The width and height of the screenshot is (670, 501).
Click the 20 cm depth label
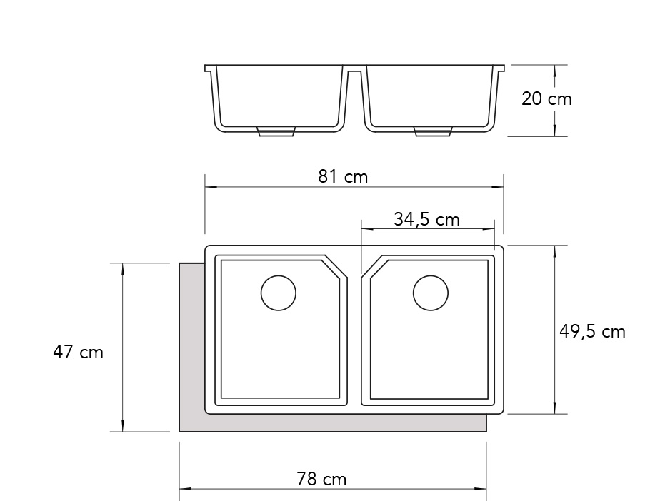coord(546,99)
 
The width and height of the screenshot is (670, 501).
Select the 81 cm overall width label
coord(343,176)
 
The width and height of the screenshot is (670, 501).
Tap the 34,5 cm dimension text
coord(426,219)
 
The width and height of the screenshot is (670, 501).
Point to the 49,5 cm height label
coord(591,332)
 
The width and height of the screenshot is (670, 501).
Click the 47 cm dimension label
coord(78,353)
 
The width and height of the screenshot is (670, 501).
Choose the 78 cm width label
coord(321,479)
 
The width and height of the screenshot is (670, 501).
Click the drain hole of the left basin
coord(279,293)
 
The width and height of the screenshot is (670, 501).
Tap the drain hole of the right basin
coord(431,293)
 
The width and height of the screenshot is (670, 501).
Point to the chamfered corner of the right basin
coord(374,268)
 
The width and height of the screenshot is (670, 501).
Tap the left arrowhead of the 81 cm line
coord(209,188)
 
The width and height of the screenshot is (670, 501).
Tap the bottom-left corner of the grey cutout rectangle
coord(179,431)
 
